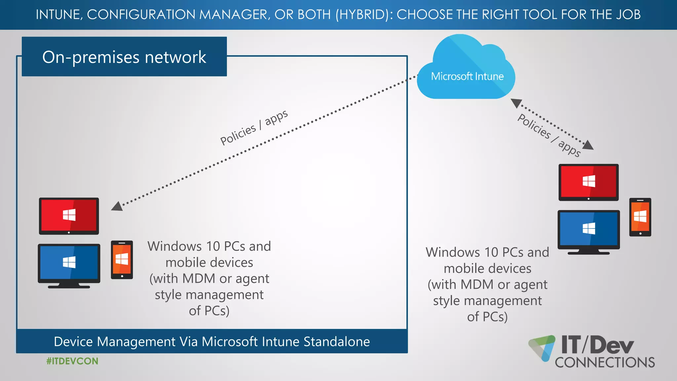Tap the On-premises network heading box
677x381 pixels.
(124, 57)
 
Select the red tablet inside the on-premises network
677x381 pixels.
(69, 216)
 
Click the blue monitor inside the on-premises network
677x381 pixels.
(69, 263)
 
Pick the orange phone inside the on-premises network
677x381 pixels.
(122, 260)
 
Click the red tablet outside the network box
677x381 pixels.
(588, 182)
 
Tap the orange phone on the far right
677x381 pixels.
(640, 217)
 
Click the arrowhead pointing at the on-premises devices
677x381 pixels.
(117, 206)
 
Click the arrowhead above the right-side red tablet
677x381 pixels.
(588, 145)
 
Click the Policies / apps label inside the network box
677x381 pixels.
(254, 127)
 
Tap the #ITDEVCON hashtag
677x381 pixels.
(72, 361)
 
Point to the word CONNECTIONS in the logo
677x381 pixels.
(605, 362)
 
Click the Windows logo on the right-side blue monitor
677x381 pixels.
(589, 229)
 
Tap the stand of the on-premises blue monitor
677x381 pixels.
(69, 285)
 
